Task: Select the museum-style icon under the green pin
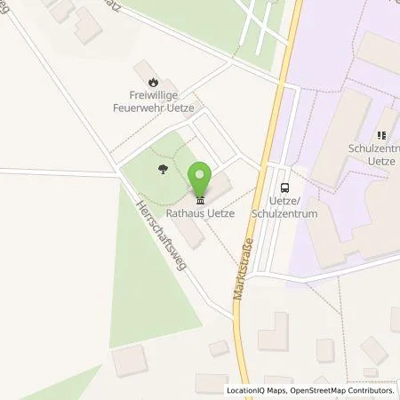200,196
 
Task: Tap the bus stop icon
284,188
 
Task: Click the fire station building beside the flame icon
141,69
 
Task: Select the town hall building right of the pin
220,187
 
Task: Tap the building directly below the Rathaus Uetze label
188,233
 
